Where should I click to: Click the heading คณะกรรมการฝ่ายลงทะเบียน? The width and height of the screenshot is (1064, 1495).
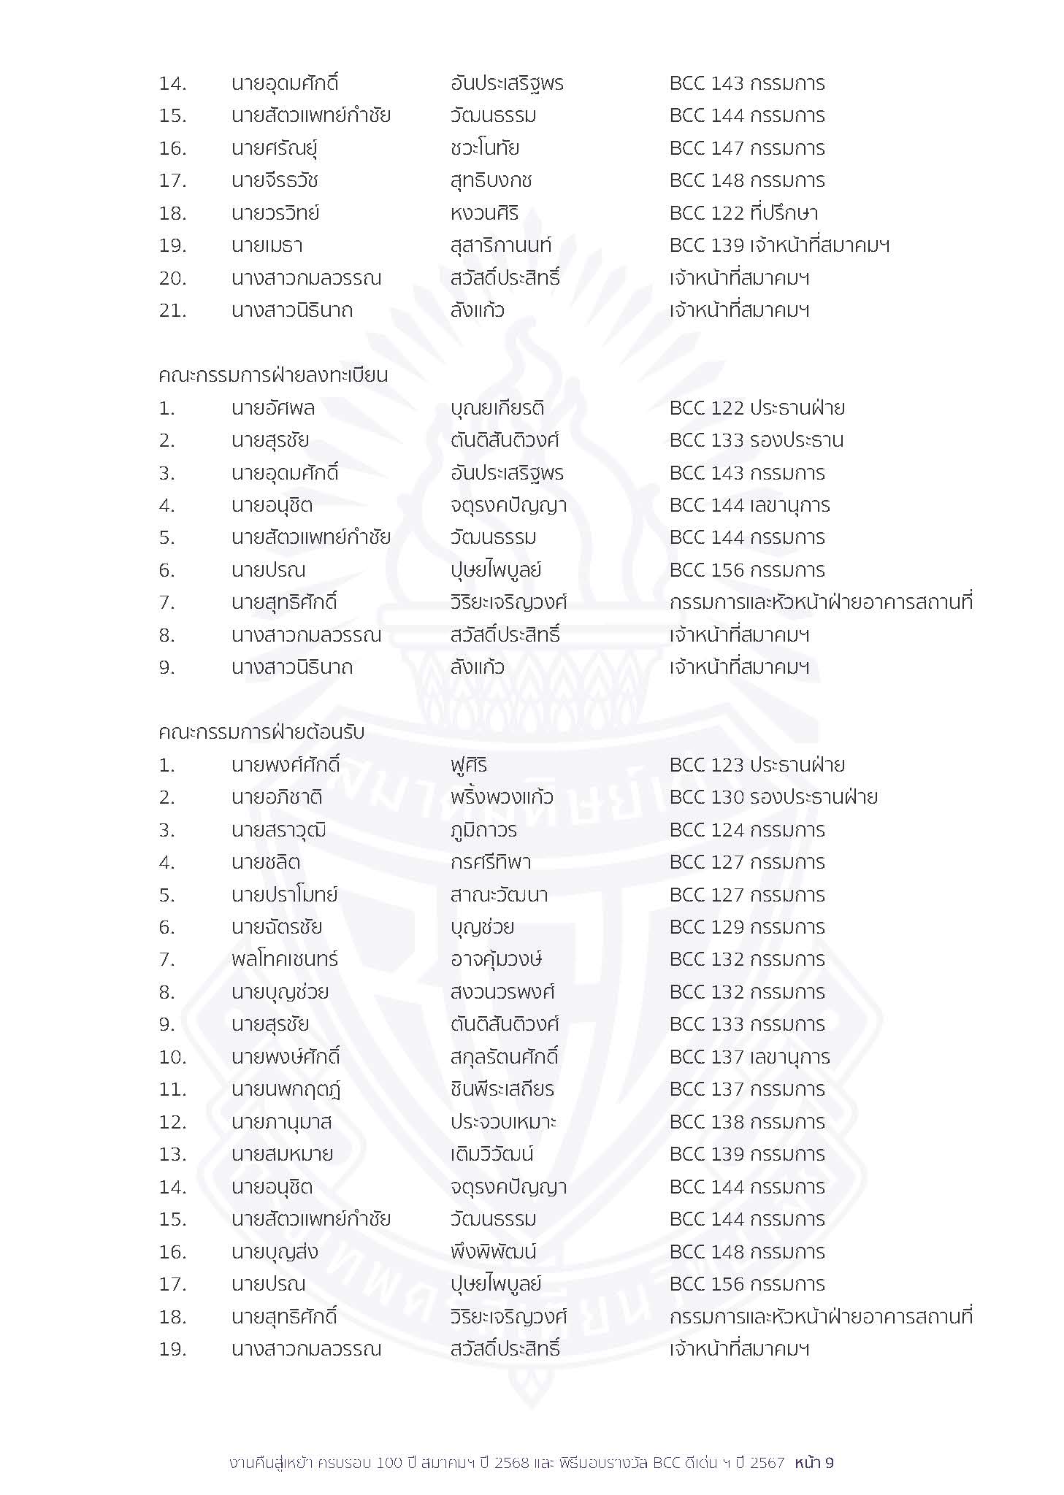coord(273,376)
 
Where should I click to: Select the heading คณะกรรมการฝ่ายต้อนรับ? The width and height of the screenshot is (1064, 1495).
coord(261,732)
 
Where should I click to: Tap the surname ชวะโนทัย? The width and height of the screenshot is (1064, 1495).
coord(485,148)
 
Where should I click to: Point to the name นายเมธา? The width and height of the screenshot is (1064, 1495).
coord(267,246)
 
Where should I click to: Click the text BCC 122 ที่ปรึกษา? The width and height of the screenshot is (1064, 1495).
coord(743,213)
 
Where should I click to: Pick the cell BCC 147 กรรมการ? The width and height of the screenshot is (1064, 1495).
coord(747,148)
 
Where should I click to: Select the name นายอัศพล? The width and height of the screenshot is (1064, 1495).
coord(273,408)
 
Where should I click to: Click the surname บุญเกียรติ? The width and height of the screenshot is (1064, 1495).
coord(497,408)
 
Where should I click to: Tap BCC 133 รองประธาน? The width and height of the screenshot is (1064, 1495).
coord(757,440)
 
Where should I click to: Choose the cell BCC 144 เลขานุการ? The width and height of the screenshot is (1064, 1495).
coord(750,505)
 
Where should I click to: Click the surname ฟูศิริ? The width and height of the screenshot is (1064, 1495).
coord(469,765)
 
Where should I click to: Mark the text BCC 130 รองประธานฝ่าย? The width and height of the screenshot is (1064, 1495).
coord(773,797)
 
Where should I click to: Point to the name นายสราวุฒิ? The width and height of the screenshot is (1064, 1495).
coord(279,830)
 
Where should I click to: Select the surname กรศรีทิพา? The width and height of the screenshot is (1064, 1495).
coord(491,862)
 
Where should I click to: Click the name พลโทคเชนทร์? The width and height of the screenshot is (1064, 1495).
coord(285,959)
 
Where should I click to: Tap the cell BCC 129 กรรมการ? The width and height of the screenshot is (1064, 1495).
coord(747,927)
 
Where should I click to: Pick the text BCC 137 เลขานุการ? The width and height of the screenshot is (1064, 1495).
coord(750,1057)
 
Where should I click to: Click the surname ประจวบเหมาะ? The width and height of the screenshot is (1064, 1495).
coord(503,1122)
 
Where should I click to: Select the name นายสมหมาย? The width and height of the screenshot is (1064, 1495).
coord(282,1154)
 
